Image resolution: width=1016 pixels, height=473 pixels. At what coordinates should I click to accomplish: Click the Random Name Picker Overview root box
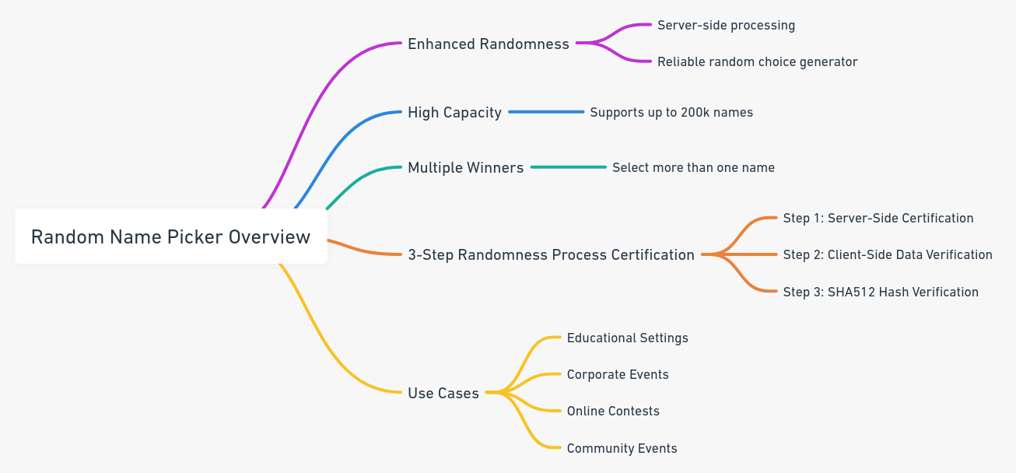coord(170,236)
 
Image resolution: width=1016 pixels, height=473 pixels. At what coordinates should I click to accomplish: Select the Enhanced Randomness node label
coord(488,44)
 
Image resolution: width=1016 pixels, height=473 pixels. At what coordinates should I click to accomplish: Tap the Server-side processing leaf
coord(726,26)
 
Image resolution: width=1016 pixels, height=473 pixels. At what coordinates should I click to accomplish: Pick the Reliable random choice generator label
coord(757,62)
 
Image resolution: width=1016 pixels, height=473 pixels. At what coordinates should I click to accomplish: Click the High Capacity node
coord(454,113)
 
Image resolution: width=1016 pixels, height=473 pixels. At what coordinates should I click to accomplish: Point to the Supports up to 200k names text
coord(671,113)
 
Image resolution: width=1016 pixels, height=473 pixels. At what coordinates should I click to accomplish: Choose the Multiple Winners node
coord(465,168)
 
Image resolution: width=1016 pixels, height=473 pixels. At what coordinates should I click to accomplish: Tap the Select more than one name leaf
coord(693,168)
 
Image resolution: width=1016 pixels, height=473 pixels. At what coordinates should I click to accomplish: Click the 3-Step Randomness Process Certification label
coord(551,255)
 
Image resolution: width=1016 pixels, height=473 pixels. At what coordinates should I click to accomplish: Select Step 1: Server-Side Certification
coord(878,219)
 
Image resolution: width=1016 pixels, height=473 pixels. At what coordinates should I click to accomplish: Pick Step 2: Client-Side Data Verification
coord(887,255)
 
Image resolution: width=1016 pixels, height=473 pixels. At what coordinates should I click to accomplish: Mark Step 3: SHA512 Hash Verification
coord(880,293)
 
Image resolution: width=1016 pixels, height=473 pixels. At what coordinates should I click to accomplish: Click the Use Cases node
coord(443,394)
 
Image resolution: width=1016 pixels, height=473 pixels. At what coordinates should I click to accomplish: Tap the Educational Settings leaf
coord(627,338)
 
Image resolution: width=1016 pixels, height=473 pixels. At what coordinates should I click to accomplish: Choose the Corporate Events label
coord(617,375)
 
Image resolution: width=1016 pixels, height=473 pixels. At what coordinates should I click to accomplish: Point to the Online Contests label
coord(612,412)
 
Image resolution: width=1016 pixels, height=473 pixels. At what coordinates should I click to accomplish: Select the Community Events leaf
coord(622,449)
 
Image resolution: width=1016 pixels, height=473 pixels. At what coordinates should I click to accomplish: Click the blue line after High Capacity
coord(546,112)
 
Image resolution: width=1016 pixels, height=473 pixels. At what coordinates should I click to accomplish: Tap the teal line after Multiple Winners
coord(568,167)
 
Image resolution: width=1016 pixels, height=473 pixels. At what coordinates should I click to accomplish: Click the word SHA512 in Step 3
coord(850,293)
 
